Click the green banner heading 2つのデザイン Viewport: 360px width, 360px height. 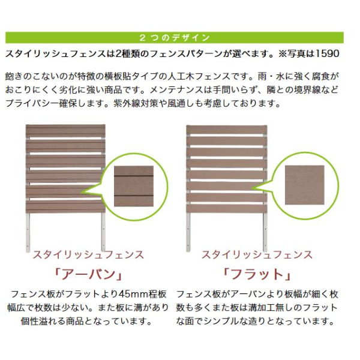(x=175, y=38)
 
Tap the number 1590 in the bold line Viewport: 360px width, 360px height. (x=328, y=54)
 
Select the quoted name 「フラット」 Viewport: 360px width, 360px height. (x=257, y=274)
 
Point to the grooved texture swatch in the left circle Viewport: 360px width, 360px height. (x=134, y=186)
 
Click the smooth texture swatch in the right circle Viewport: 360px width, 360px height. (x=305, y=185)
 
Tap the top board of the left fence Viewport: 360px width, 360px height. (x=65, y=131)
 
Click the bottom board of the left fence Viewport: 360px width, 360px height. (x=65, y=206)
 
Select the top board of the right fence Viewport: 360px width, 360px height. (x=227, y=130)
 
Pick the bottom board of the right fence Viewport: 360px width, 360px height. (x=227, y=208)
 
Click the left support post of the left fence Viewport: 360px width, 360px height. (x=28, y=232)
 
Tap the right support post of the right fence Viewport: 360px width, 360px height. (x=265, y=232)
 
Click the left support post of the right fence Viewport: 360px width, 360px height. (x=188, y=232)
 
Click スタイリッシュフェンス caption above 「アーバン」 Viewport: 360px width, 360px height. (x=89, y=255)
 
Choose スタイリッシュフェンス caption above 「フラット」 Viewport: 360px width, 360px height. (x=257, y=255)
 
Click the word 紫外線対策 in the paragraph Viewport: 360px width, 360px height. (x=136, y=104)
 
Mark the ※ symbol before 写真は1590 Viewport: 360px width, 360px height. (x=283, y=54)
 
